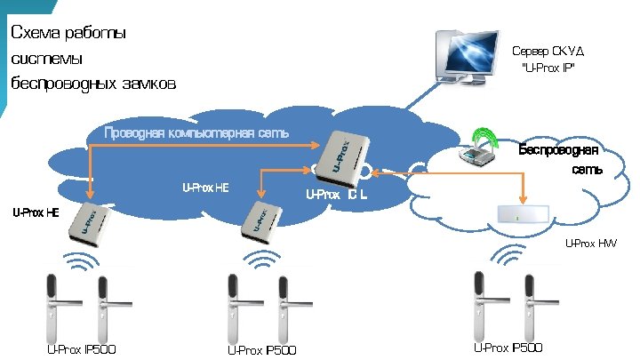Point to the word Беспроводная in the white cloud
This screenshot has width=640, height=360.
pos(557,148)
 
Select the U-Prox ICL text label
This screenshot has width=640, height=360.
pos(338,194)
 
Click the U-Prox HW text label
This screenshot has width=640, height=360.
pos(590,243)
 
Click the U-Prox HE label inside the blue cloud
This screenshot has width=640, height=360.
pos(205,188)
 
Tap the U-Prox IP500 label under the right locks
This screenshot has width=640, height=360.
pos(508,347)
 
